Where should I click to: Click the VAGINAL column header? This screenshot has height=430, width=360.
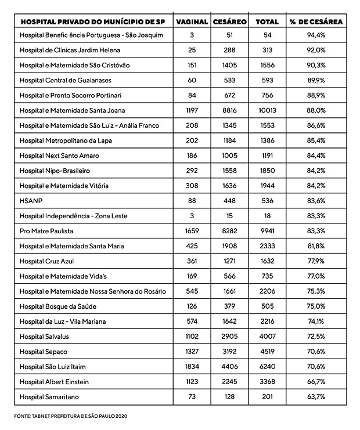click(192, 21)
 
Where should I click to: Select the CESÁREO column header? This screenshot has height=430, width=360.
click(230, 21)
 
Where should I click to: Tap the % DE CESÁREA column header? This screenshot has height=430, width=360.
click(316, 21)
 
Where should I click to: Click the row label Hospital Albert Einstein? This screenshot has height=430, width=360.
click(56, 381)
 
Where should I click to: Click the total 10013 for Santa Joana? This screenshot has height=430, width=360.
click(267, 110)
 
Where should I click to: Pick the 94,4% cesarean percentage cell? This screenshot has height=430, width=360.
click(316, 35)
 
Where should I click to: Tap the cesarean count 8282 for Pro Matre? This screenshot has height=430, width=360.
click(230, 231)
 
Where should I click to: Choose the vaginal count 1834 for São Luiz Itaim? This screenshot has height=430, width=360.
click(192, 366)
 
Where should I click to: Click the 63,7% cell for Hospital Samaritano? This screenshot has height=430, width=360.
click(316, 396)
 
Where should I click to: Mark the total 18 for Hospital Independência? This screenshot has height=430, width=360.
click(267, 216)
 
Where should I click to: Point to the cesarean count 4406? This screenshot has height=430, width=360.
click(230, 366)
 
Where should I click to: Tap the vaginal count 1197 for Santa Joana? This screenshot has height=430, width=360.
click(192, 110)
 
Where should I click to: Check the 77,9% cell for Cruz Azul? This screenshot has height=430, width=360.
click(316, 261)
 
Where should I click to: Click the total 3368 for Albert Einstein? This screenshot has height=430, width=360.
click(267, 381)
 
